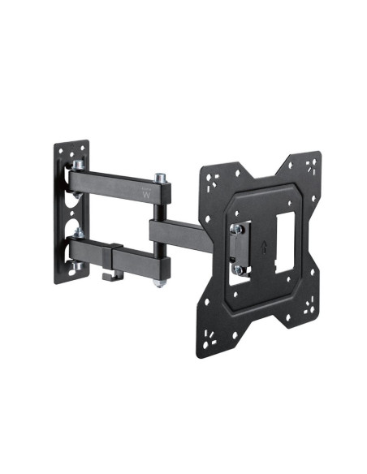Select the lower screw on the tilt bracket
click(238, 268)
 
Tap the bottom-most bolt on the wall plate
click(74, 266)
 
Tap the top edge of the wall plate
click(71, 145)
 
